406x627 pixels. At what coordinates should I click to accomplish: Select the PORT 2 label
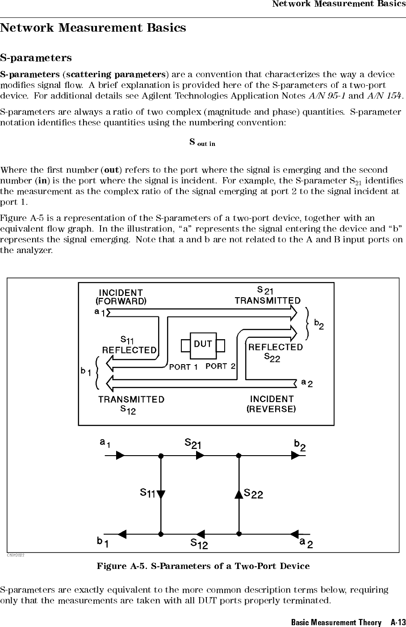coord(220,366)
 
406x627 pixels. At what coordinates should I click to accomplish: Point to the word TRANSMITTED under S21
coord(268,301)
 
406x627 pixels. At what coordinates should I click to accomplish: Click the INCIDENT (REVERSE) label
coord(272,403)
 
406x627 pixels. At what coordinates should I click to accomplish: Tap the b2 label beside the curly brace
coord(319,324)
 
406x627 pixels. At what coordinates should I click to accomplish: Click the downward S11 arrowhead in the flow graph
coord(161,494)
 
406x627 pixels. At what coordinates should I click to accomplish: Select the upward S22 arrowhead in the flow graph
coord(239,494)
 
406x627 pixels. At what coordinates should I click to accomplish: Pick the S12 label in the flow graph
coord(199,544)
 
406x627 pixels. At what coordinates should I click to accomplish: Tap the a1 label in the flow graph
coord(105,444)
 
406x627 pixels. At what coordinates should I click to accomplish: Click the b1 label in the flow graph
coord(104,543)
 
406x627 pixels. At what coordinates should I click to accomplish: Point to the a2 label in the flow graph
coord(306,543)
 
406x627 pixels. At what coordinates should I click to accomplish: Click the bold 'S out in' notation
coord(202,142)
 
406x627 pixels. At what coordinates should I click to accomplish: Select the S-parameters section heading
coord(36,58)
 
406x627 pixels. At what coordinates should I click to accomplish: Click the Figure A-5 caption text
coord(203,566)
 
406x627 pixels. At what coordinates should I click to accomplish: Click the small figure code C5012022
coord(16,555)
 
